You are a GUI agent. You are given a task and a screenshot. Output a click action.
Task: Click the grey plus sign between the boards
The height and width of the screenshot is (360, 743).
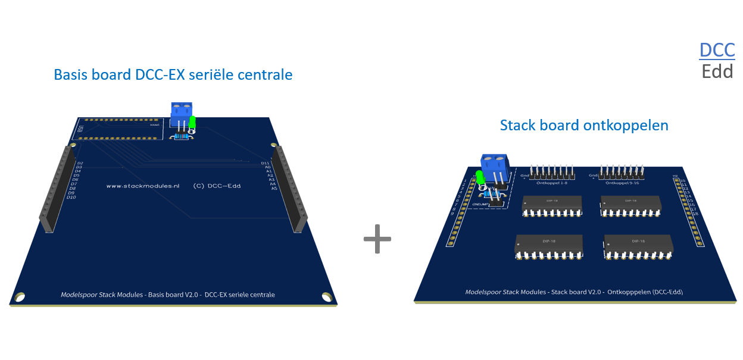[377, 239]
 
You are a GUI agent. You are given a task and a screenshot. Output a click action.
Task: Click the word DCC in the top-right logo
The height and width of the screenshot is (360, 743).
[717, 50]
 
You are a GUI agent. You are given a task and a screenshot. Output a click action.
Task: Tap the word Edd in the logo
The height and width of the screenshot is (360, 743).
[717, 72]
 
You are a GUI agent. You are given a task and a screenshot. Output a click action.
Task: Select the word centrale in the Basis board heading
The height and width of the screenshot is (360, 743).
[265, 75]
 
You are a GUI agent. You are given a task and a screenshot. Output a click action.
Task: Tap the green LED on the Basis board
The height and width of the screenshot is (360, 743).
[192, 123]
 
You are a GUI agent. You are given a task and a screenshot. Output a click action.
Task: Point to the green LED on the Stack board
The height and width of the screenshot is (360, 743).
[479, 177]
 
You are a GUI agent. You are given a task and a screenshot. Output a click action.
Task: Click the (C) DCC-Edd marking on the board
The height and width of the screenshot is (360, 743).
[217, 186]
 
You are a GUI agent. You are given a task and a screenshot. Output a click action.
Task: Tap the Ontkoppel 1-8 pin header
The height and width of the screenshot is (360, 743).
[553, 173]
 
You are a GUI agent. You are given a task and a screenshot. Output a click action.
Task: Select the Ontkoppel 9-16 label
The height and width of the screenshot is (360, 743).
[622, 183]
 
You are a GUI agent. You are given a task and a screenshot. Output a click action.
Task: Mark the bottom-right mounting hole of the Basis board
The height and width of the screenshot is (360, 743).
[326, 296]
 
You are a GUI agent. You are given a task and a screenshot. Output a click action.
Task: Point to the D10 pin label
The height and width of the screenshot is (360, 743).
[71, 197]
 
